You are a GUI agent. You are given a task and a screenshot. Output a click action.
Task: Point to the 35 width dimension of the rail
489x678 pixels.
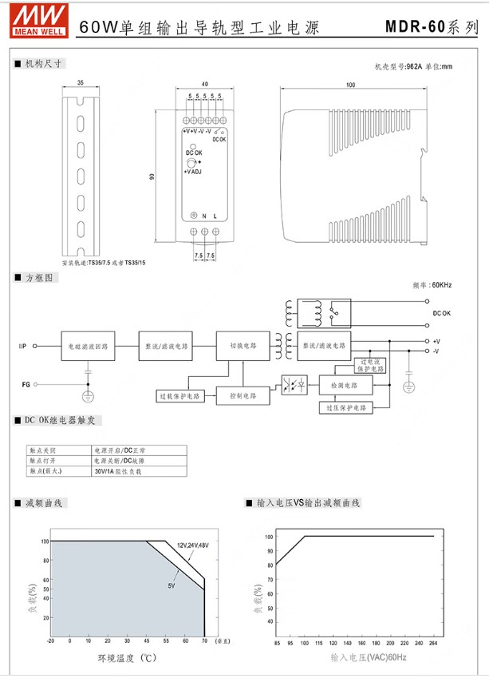(x=81, y=83)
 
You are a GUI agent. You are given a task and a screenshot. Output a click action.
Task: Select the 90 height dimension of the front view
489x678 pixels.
(x=152, y=176)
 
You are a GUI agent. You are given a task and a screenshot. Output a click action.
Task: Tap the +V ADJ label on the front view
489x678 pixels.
(x=194, y=172)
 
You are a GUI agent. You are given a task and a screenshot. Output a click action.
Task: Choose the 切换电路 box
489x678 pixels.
(x=243, y=347)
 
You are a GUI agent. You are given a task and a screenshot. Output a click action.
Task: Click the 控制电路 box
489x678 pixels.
(x=243, y=395)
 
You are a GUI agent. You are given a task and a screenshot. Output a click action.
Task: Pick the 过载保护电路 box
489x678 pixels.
(x=180, y=395)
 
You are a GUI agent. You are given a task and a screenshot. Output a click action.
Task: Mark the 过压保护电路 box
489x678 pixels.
(x=346, y=407)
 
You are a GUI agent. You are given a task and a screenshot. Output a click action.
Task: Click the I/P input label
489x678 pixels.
(x=23, y=347)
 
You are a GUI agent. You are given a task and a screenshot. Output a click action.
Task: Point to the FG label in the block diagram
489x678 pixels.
(x=26, y=385)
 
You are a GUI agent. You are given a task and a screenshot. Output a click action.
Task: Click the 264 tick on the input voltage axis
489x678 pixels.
(x=433, y=642)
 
